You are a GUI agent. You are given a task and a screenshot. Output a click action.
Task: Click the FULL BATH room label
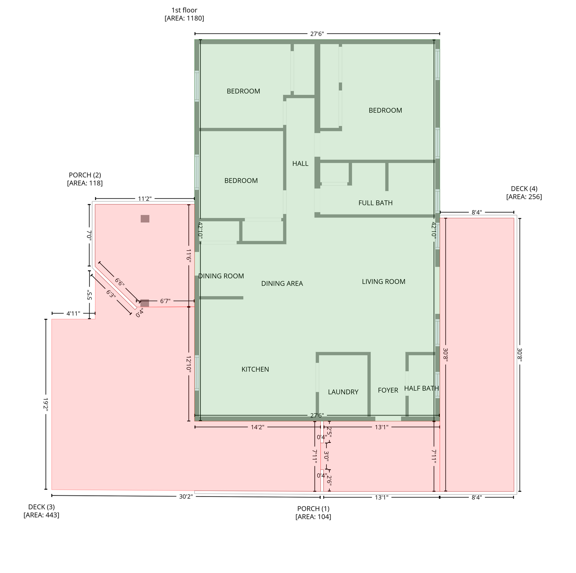tap(375, 203)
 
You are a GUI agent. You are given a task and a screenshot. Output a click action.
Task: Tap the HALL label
tap(300, 163)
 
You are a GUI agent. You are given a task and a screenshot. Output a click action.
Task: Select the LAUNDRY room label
tap(343, 392)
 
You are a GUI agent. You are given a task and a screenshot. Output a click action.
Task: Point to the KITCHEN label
tap(255, 369)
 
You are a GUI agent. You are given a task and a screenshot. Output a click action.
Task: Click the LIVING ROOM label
tap(384, 282)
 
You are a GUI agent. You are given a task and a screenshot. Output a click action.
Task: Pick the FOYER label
tap(388, 390)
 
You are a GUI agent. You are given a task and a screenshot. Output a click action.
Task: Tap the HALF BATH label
tap(422, 388)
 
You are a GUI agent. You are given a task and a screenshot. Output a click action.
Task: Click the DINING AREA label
tap(282, 284)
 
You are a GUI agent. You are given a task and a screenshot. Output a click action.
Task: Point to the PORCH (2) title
tap(85, 175)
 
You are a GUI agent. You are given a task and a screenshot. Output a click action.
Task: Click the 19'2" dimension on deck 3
tap(46, 404)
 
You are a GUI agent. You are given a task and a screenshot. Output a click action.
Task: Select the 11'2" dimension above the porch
tap(144, 199)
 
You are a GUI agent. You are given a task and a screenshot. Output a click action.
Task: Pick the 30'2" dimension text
tap(186, 497)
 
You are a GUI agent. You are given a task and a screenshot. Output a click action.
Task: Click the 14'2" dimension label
tap(257, 427)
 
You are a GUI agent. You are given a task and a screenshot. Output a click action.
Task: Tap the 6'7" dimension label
tap(165, 301)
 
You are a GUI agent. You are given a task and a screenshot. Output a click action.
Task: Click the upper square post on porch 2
tap(145, 219)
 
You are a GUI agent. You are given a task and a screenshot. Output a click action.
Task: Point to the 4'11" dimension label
tap(73, 313)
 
